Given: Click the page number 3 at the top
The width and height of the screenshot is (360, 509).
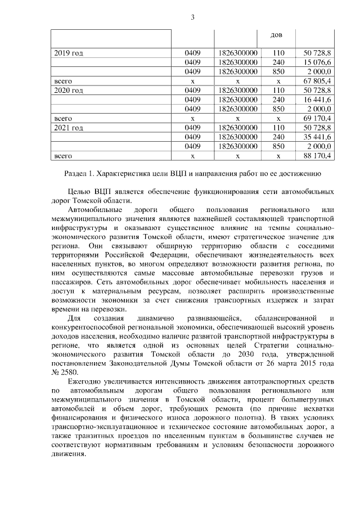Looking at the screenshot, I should (x=192, y=17).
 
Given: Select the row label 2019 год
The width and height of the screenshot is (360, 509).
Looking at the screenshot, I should (x=69, y=53).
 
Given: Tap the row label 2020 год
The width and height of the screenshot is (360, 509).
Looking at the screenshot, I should (x=69, y=90).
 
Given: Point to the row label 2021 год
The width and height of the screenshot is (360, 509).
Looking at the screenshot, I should (x=69, y=127).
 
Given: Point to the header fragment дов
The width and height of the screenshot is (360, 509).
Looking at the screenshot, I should (x=277, y=35).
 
